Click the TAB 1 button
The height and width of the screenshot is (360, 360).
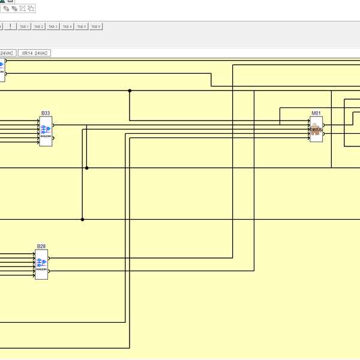click(x=24, y=27)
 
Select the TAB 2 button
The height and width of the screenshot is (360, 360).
click(x=38, y=27)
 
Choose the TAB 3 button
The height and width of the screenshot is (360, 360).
click(x=53, y=27)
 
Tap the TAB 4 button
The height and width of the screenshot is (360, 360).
click(x=67, y=27)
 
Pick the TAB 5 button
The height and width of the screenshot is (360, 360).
click(x=82, y=27)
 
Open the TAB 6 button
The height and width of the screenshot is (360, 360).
click(x=96, y=27)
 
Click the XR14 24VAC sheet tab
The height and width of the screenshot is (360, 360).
click(x=34, y=53)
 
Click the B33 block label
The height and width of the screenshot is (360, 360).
click(x=46, y=113)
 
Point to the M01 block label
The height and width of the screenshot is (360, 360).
click(x=316, y=113)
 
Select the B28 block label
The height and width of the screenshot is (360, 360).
click(x=41, y=247)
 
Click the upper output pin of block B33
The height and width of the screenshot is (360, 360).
click(x=54, y=125)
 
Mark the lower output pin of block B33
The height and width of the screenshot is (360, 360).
click(x=54, y=138)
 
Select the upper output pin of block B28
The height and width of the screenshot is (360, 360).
click(x=50, y=259)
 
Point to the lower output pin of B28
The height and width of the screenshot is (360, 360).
click(x=50, y=271)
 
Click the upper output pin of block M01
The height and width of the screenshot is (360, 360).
click(x=325, y=125)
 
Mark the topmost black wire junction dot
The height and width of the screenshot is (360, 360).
click(x=130, y=91)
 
